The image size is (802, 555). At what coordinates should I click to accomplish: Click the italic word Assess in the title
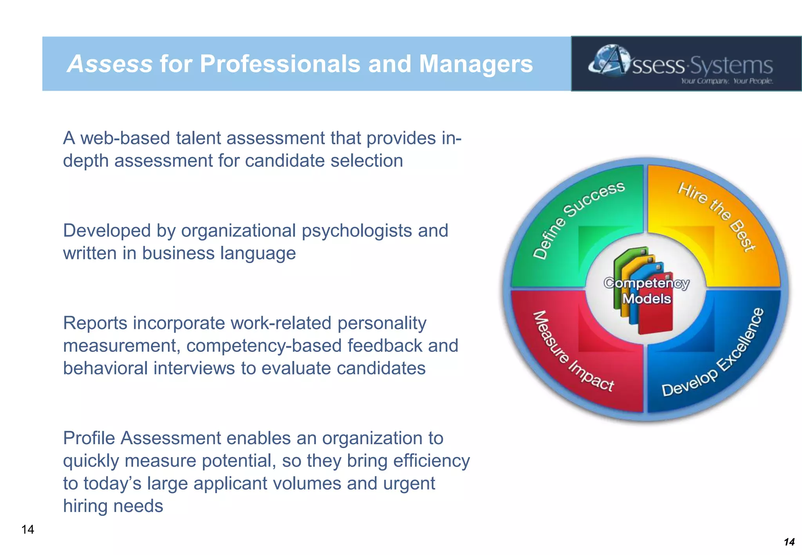[110, 64]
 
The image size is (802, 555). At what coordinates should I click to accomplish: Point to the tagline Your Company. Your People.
[727, 81]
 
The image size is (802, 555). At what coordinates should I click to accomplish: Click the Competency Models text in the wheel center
[647, 291]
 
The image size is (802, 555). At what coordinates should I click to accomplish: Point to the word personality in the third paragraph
[382, 324]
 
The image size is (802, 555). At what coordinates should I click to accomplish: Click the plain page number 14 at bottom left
[28, 530]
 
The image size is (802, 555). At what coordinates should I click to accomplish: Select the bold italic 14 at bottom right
[789, 542]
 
